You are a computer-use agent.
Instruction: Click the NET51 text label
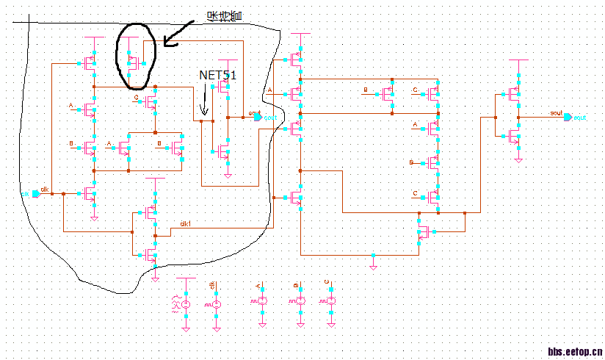219,75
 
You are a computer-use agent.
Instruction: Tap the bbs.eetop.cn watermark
575,352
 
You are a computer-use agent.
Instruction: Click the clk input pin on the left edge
35,194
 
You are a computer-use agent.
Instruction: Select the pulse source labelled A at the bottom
261,302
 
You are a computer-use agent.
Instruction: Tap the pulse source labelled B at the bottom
300,302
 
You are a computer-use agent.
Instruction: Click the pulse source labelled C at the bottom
330,302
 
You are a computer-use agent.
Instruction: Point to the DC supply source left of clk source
185,303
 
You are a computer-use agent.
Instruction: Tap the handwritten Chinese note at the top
225,15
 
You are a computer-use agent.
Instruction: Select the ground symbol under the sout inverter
519,157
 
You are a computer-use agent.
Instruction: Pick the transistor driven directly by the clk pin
90,194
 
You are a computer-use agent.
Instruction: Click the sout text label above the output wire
556,113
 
